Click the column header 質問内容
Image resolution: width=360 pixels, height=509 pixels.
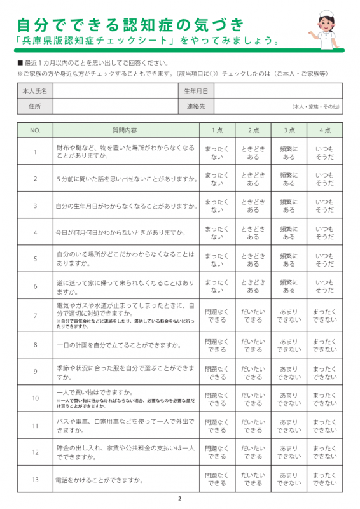coord(124,130)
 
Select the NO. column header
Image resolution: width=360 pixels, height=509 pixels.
coord(35,130)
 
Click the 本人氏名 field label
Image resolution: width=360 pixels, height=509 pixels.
coord(35,91)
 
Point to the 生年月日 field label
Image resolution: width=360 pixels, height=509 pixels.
coord(196,91)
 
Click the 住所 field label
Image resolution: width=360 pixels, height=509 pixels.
coord(35,106)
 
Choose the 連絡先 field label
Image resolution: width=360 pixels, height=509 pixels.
coord(196,106)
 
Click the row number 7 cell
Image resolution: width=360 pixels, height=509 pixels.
coord(35,316)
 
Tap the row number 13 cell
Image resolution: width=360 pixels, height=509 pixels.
coord(35,479)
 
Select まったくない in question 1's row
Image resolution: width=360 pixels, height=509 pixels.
coord(217,152)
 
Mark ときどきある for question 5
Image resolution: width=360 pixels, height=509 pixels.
coord(253,260)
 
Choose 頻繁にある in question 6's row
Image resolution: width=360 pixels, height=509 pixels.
coord(289,286)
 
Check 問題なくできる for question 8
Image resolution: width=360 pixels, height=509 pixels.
coord(217,345)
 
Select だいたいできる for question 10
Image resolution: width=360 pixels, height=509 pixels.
coord(253,399)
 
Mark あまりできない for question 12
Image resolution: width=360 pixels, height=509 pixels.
coord(289,452)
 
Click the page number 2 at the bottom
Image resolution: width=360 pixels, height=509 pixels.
coord(180,499)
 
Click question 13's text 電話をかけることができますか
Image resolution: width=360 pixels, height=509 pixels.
coord(99,479)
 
